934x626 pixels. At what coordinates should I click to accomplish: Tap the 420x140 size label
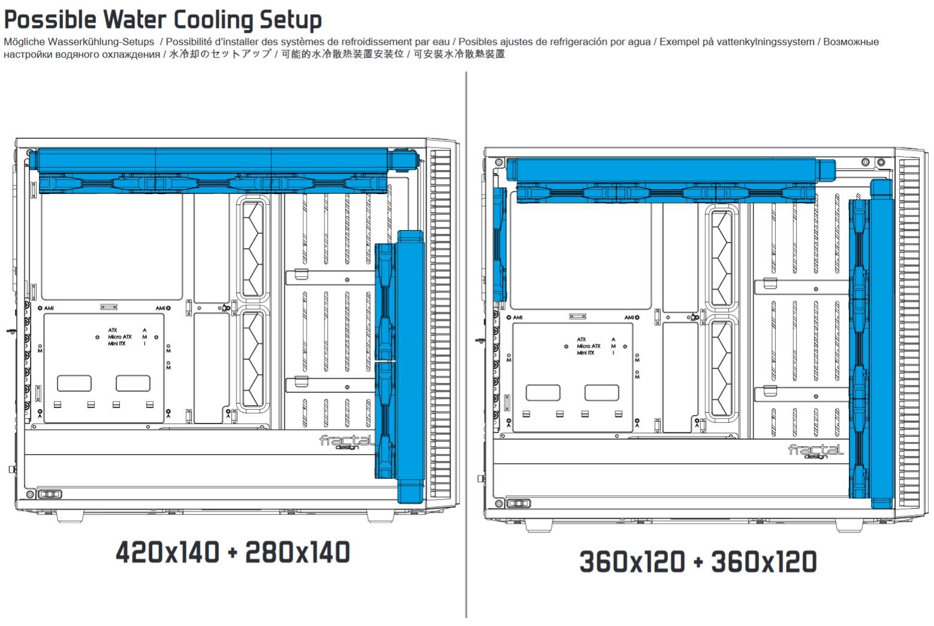[167, 552]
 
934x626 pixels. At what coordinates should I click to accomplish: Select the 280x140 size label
[298, 552]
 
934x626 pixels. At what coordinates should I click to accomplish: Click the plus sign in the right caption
[698, 562]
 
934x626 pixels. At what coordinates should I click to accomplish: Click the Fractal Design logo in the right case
[815, 450]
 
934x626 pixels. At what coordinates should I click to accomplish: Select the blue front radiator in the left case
[410, 365]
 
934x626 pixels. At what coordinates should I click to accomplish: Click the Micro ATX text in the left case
[120, 337]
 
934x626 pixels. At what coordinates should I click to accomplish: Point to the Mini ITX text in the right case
[585, 353]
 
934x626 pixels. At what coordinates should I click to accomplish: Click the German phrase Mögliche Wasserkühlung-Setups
[78, 42]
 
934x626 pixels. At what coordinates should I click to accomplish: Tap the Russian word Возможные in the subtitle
[851, 42]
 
